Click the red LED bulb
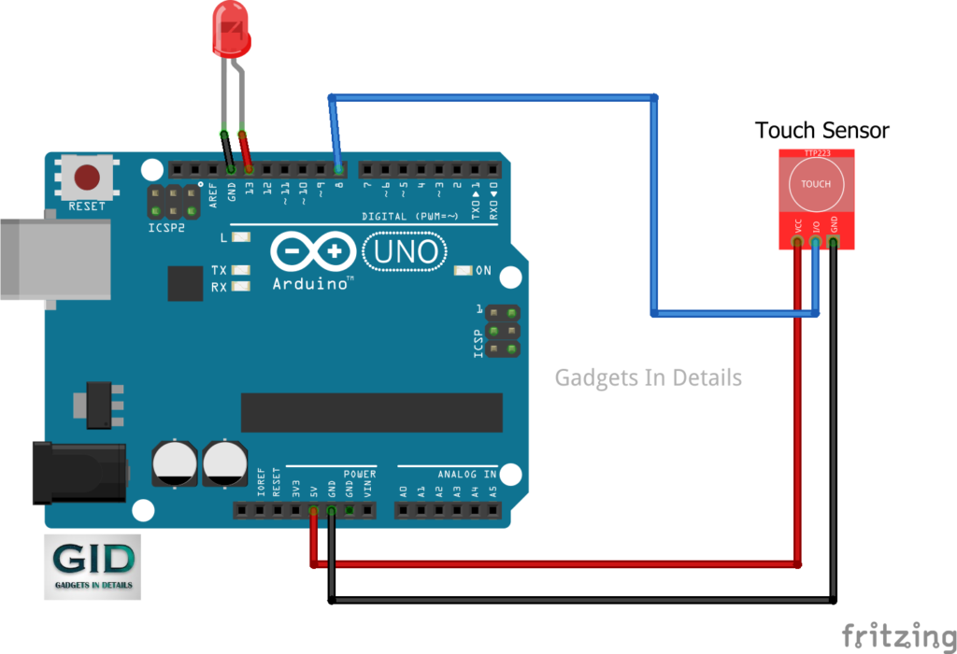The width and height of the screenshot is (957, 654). [x=232, y=26]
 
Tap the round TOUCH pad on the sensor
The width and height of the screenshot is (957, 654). [x=815, y=183]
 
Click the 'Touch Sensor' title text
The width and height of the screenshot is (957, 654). [x=821, y=131]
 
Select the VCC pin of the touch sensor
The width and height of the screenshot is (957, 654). [x=797, y=243]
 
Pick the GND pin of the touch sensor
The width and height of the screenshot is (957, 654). [x=834, y=243]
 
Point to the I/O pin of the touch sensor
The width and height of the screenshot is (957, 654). [x=815, y=243]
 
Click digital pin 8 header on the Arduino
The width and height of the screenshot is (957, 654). [x=337, y=170]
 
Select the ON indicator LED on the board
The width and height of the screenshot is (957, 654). [x=463, y=271]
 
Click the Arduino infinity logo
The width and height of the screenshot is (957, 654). [x=312, y=252]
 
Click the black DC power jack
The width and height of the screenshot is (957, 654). [x=79, y=473]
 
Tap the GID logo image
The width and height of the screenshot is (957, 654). [x=92, y=566]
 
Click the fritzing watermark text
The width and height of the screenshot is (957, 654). [x=898, y=635]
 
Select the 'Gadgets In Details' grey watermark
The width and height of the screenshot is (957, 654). [x=648, y=377]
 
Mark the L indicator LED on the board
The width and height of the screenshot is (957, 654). [x=241, y=238]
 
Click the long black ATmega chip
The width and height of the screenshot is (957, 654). [x=371, y=412]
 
